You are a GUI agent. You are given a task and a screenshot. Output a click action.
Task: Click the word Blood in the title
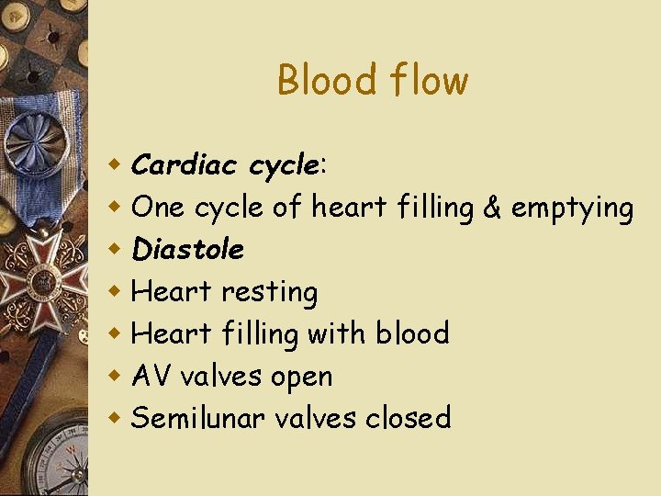click(317, 80)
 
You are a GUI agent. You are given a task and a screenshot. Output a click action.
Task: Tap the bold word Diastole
click(188, 249)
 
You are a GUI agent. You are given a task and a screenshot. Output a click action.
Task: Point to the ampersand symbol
click(491, 208)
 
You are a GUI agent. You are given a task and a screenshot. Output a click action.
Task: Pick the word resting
click(270, 293)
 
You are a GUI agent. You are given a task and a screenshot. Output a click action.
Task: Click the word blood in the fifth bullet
click(412, 333)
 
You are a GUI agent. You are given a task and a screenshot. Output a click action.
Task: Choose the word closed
click(409, 418)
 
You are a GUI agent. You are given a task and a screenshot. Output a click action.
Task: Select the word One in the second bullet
click(158, 208)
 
